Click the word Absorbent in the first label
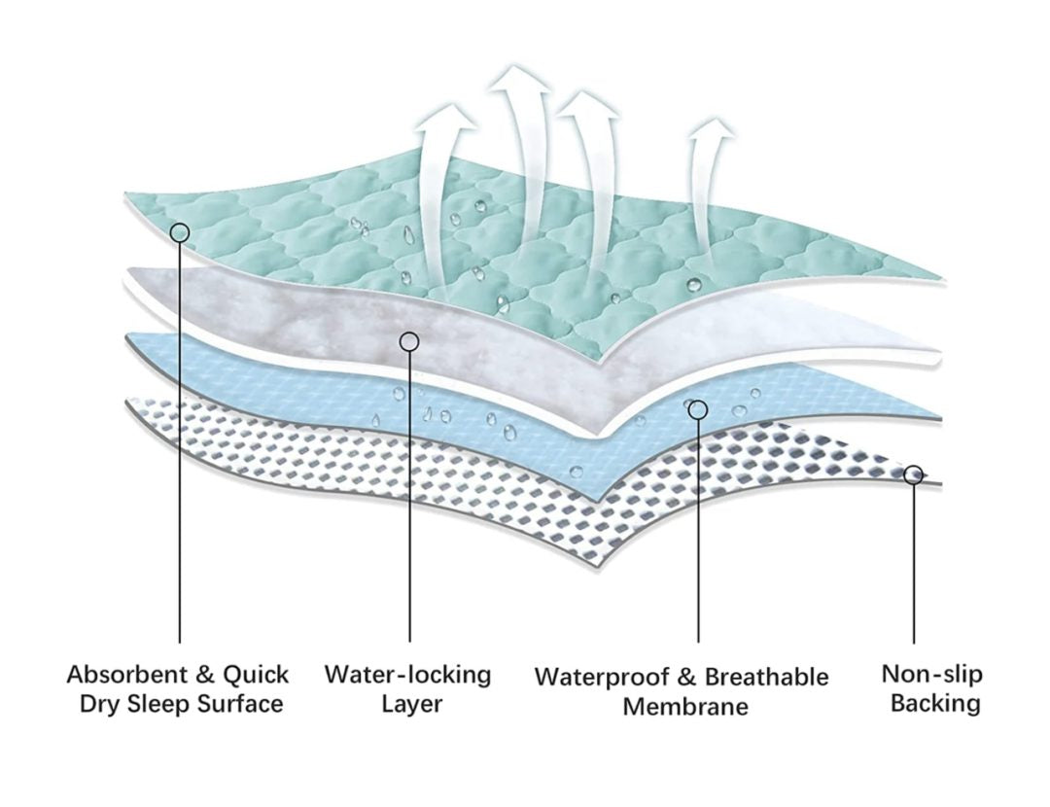122,675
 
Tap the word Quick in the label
256,675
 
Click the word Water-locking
408,675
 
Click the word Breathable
767,678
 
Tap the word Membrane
685,707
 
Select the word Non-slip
931,674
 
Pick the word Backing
935,703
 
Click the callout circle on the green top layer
179,232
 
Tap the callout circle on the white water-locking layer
409,341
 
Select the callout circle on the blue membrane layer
698,409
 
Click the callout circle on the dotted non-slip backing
913,474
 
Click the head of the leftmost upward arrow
445,119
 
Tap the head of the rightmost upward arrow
713,131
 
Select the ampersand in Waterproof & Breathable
686,678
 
